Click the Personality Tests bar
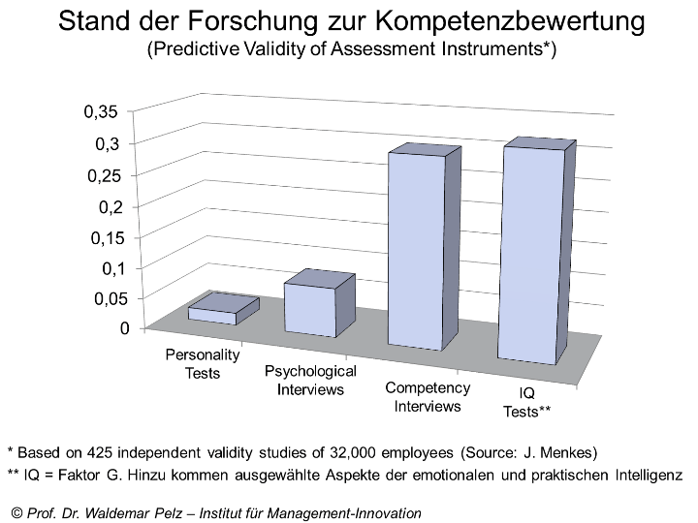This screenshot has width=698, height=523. pos(211,315)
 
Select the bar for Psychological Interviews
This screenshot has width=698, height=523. pos(311,310)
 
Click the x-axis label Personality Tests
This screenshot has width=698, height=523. pos(203,364)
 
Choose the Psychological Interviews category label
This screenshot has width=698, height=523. pos(310,381)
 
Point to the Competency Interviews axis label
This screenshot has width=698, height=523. pos(428,397)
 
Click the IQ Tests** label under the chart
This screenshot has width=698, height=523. pos(527,402)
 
